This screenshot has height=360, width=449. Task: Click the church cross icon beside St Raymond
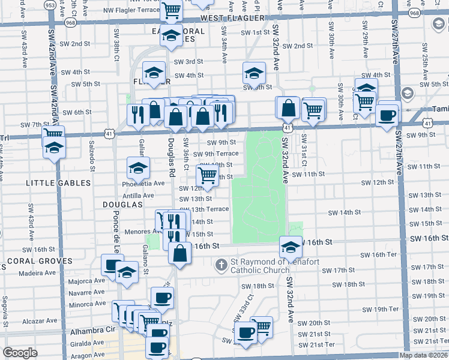tap(221, 264)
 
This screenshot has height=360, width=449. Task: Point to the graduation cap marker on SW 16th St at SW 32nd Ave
tap(291, 247)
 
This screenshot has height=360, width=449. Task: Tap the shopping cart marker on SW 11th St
tap(208, 175)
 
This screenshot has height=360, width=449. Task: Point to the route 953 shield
tap(51, 5)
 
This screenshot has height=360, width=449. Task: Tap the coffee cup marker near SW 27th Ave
tap(387, 115)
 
